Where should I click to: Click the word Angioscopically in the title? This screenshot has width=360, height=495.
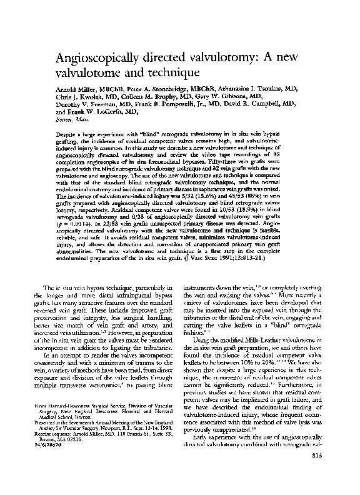tap(96, 59)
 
